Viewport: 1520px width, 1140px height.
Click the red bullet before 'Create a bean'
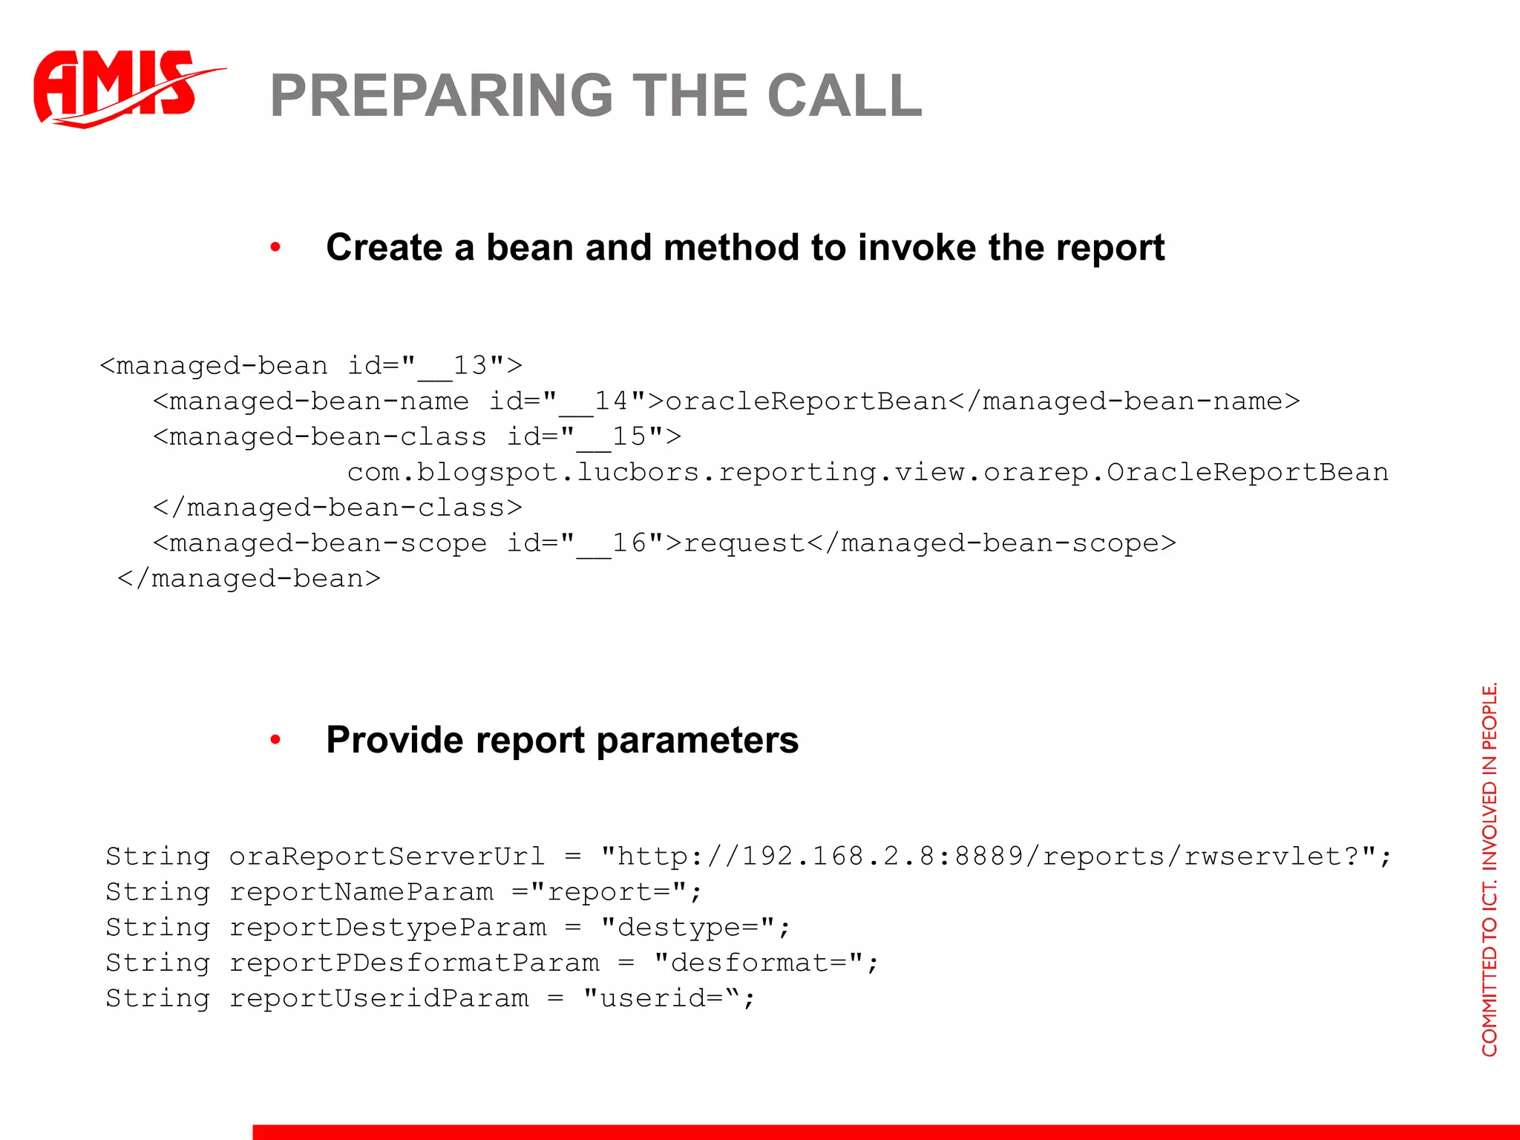pos(275,247)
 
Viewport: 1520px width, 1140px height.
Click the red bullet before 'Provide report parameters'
pos(275,739)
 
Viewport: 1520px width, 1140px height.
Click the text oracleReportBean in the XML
pos(806,401)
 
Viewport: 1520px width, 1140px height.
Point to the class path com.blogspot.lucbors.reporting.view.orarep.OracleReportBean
pos(867,472)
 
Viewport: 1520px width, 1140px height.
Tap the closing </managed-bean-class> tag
pos(338,508)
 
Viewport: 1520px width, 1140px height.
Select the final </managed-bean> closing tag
pos(249,578)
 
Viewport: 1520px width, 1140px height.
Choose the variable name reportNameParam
pos(361,891)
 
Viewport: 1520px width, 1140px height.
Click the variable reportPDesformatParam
pos(414,963)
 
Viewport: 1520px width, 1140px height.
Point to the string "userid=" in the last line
pos(661,998)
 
